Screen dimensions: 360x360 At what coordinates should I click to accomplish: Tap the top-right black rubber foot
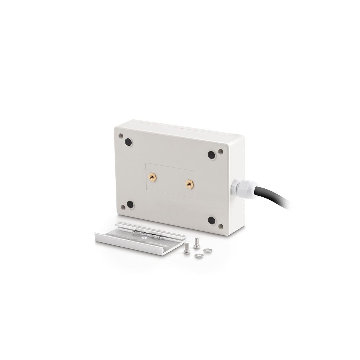[211, 154]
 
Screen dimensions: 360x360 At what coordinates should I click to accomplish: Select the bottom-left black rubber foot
[130, 204]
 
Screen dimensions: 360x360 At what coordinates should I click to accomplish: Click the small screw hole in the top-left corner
[121, 135]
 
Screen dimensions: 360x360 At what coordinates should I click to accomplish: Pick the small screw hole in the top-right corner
[220, 152]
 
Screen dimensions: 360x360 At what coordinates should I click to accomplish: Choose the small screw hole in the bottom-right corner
[221, 226]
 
